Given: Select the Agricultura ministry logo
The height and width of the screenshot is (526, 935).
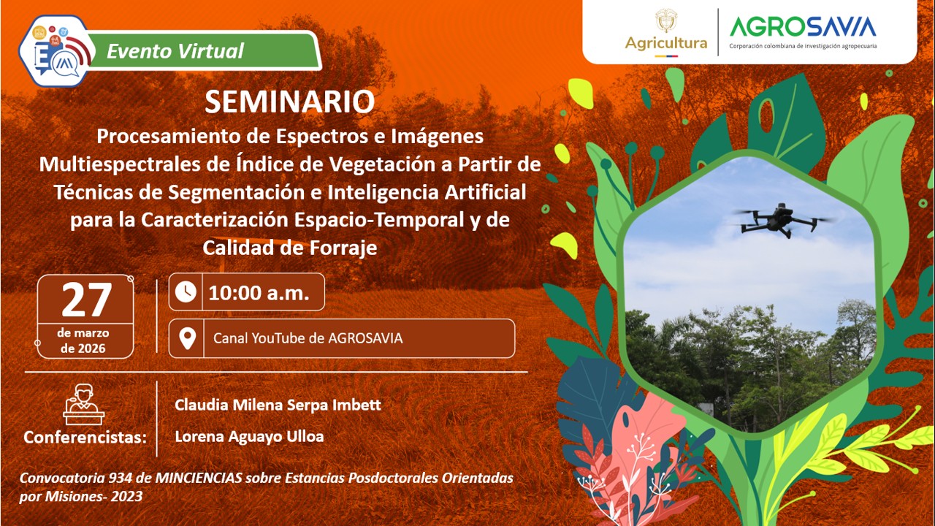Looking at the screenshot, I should (x=665, y=32).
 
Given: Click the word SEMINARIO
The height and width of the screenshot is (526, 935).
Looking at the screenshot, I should (x=289, y=102).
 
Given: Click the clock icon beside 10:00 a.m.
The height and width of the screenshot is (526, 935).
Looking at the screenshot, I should (x=186, y=292).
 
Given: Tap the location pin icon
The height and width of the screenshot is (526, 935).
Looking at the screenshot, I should (x=187, y=338).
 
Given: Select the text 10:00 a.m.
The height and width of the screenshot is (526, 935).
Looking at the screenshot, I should (x=258, y=293).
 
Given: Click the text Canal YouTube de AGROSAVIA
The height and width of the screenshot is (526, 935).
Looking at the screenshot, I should (x=308, y=338).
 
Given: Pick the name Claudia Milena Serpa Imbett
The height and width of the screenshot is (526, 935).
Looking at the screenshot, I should (x=278, y=405).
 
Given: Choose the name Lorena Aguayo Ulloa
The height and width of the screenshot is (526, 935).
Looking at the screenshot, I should (x=249, y=437).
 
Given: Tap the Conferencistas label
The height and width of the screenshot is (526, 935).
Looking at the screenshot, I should (x=85, y=438).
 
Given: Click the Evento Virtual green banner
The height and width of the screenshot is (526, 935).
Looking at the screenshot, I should (x=175, y=51).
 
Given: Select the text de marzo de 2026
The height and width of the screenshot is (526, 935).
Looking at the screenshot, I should (x=83, y=340).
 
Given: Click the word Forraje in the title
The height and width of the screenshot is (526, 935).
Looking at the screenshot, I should (x=342, y=248).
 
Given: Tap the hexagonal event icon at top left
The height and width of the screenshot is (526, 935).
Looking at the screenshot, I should (x=56, y=50).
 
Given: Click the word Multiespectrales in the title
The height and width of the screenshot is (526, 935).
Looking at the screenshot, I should (x=121, y=164).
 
